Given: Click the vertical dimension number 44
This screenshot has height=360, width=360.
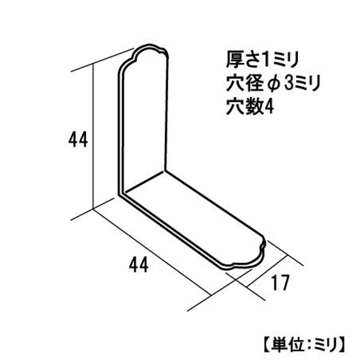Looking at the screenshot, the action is tap(78, 139).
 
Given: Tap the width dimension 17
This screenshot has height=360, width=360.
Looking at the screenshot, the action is tap(280, 283).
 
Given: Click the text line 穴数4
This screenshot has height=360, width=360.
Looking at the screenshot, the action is tap(250, 106).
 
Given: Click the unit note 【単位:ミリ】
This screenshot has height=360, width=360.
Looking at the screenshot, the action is tap(304, 344).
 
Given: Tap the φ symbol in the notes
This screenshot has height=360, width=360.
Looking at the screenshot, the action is tap(275, 84).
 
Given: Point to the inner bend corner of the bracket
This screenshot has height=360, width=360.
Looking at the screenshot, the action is tap(164, 171).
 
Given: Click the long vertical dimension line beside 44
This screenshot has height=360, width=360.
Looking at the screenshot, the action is tap(93, 137).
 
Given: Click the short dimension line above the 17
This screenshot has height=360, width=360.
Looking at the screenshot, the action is tap(268, 271).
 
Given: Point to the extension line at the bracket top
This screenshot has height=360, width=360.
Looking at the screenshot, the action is tap(103, 60).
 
